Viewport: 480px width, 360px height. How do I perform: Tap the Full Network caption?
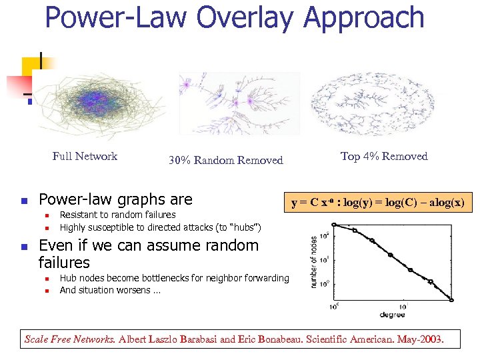[x=85, y=156]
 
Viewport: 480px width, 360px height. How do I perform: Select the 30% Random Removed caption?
[x=225, y=160]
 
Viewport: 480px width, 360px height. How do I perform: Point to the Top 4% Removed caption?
[x=383, y=156]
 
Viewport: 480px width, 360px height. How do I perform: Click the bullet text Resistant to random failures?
[x=117, y=215]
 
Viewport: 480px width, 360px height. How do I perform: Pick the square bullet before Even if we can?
[x=23, y=247]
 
